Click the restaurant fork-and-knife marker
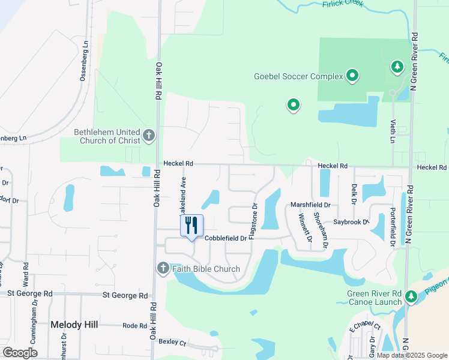point(191,226)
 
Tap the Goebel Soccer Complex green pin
point(352,76)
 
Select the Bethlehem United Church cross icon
point(149,136)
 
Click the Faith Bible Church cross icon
point(163,268)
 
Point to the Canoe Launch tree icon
point(411,296)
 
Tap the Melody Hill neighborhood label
point(73,325)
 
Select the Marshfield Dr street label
point(311,205)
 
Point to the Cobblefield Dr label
point(225,238)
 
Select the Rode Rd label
point(134,326)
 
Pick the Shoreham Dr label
point(325,233)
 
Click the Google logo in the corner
point(20,353)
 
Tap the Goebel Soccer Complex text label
point(298,76)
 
